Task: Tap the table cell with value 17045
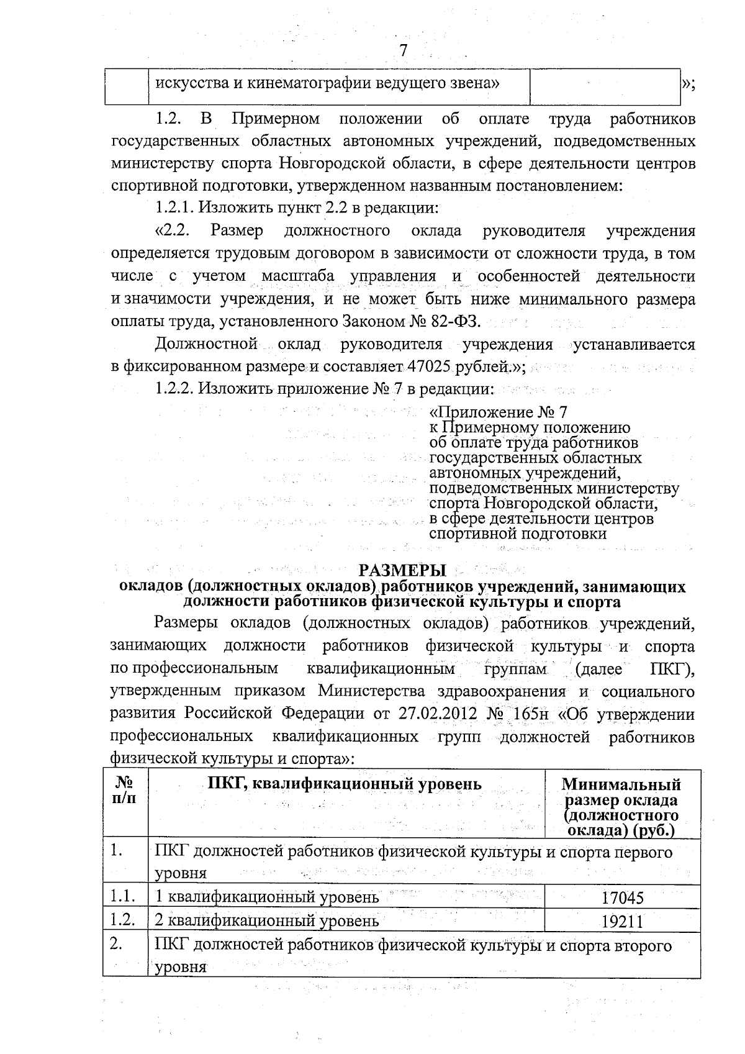pos(622,898)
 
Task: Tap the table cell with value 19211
pos(622,921)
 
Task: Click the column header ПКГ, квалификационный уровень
pos(345,784)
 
